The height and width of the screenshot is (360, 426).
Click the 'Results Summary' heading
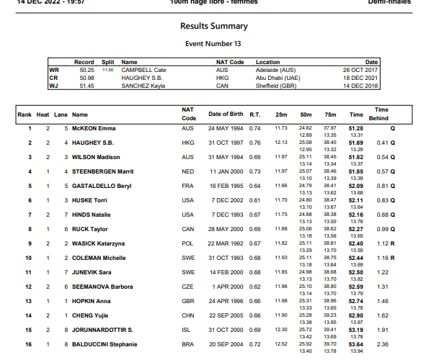coord(214,26)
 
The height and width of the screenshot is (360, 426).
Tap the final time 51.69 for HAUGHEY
coord(355,143)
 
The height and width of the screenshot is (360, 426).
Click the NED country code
coord(187,171)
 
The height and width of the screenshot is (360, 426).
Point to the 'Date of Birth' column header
coord(226,114)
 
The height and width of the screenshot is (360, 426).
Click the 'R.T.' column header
coord(255,114)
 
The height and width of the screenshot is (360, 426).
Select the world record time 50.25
coord(86,70)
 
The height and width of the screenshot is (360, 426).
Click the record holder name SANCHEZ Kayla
coord(146,85)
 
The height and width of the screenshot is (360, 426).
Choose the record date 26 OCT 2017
coord(360,70)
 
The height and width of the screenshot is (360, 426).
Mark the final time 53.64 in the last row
coord(355,345)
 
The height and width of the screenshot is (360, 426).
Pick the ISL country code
coord(187,330)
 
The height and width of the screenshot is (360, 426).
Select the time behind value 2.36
coord(383,345)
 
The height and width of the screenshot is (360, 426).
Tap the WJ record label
coord(53,85)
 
